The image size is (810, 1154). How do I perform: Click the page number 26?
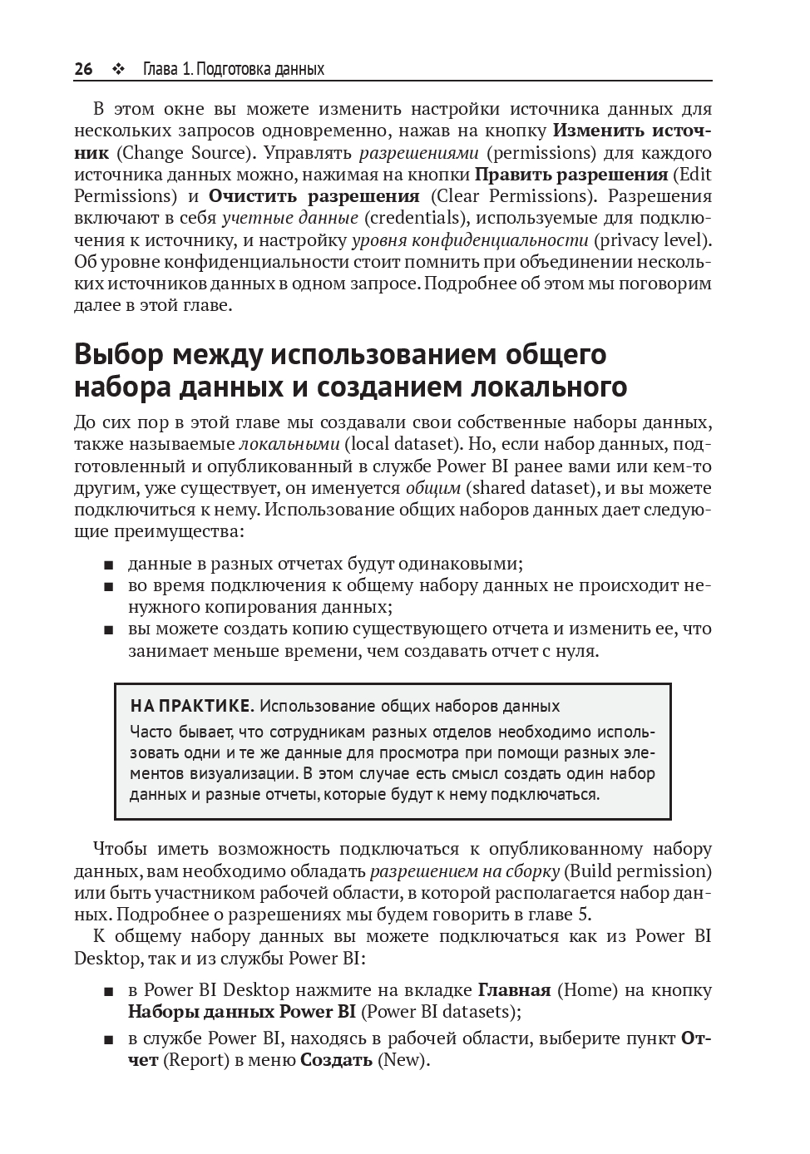[x=83, y=69]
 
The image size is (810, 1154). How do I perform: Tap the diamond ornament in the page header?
[x=117, y=69]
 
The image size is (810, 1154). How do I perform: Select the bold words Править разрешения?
[x=571, y=175]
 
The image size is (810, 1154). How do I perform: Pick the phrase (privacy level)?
[x=652, y=240]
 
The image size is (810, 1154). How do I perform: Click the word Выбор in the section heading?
[x=120, y=354]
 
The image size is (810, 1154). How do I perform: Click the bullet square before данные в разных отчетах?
[x=109, y=565]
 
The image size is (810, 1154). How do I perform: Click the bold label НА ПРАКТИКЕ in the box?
[x=190, y=707]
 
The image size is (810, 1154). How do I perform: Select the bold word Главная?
[x=514, y=990]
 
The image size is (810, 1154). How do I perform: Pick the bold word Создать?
[x=336, y=1060]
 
